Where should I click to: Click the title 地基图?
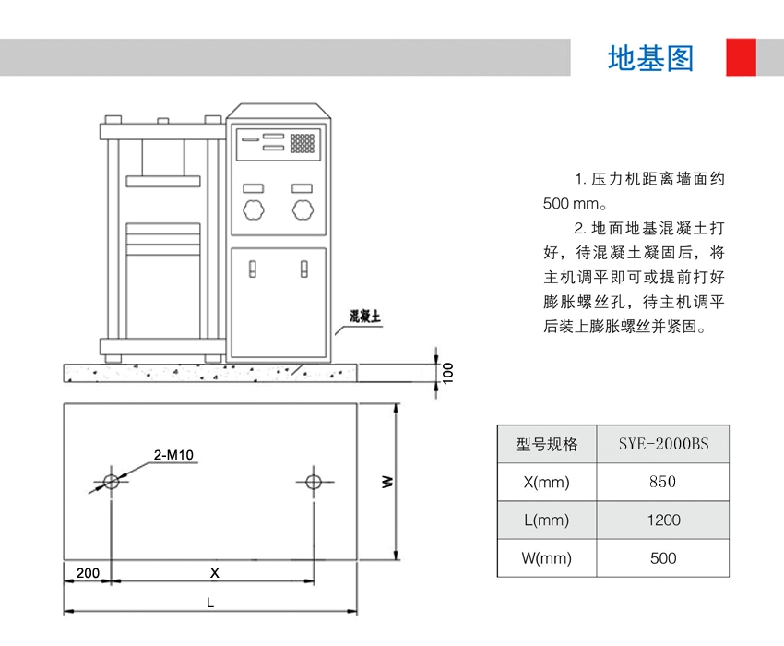point(650,58)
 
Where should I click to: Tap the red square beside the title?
point(741,57)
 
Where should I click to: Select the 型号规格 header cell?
point(547,444)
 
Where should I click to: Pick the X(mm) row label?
point(547,482)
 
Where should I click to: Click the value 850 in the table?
point(662,482)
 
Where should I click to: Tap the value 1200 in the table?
point(662,520)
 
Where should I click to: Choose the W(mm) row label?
point(547,558)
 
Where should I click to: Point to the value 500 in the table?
point(662,558)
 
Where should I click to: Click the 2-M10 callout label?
point(173,454)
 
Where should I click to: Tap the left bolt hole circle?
point(112,481)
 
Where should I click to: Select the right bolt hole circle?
point(314,481)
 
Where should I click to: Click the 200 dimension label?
point(88,573)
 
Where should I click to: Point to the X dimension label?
point(214,573)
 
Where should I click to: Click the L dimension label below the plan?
point(210,603)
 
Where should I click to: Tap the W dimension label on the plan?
point(387,481)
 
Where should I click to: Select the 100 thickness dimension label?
point(448,372)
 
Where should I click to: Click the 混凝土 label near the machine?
point(365,317)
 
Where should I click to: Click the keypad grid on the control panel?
point(303,144)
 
